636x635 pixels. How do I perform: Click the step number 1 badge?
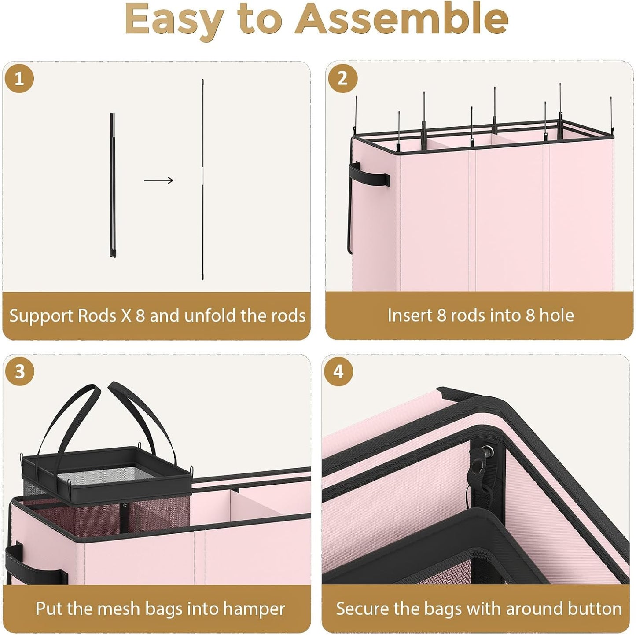[x=19, y=79]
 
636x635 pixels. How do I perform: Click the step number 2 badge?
[x=342, y=79]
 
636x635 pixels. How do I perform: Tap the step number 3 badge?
[x=20, y=371]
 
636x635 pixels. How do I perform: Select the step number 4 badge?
[x=338, y=371]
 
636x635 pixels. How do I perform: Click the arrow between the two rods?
[x=159, y=180]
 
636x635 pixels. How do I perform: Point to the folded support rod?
[x=113, y=185]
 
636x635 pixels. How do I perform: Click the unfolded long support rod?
[x=202, y=180]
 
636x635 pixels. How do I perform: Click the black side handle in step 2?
[x=369, y=173]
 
